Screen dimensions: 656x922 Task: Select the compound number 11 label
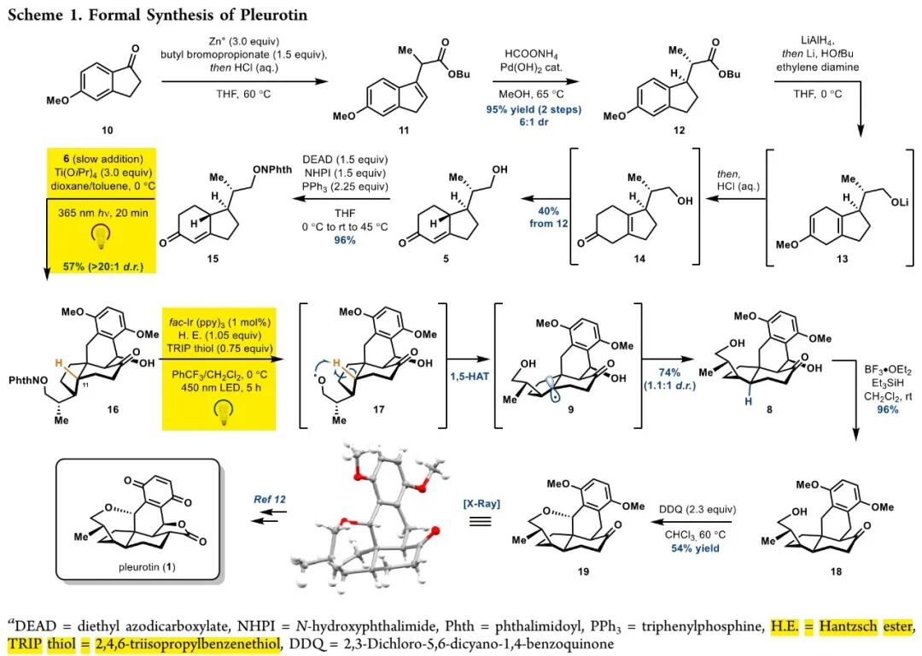click(x=403, y=131)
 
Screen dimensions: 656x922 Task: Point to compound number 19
click(x=583, y=570)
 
